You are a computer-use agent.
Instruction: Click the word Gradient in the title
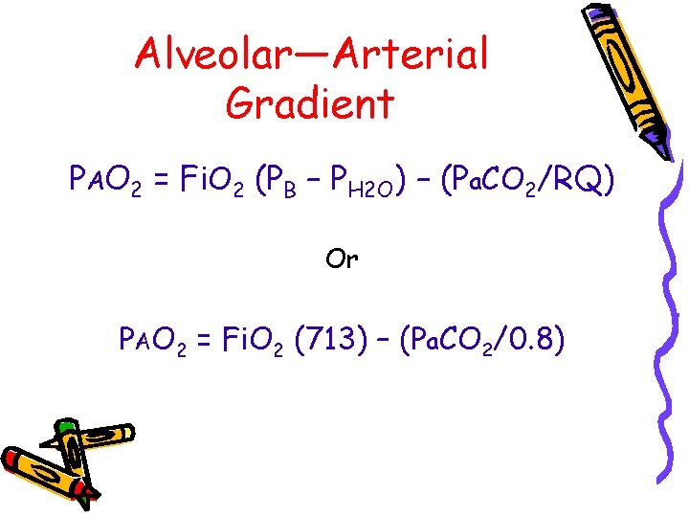pos(309,102)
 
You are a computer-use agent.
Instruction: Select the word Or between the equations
pos(342,259)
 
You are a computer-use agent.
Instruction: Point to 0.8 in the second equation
pos(537,338)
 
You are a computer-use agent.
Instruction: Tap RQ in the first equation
pos(580,180)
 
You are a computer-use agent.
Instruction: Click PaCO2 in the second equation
pos(456,339)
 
